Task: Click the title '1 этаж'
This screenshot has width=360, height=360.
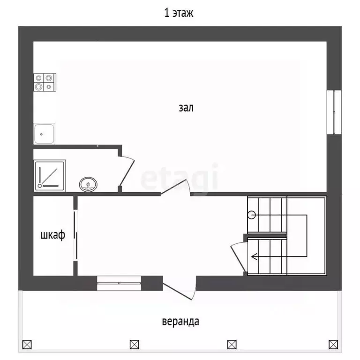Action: pyautogui.click(x=179, y=13)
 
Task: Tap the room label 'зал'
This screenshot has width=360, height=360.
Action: pyautogui.click(x=186, y=108)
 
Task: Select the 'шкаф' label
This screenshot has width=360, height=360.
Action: pyautogui.click(x=53, y=235)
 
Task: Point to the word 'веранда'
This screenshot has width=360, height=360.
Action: pyautogui.click(x=180, y=322)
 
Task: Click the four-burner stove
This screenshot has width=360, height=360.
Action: pyautogui.click(x=45, y=82)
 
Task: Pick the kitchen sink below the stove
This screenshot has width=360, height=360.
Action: pyautogui.click(x=45, y=134)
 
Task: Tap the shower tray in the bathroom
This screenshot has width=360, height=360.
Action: pyautogui.click(x=50, y=176)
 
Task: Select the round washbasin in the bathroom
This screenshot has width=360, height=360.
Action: pyautogui.click(x=88, y=184)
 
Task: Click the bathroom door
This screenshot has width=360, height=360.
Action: pyautogui.click(x=127, y=172)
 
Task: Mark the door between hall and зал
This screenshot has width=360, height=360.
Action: pyautogui.click(x=176, y=187)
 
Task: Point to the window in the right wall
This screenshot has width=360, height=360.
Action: pyautogui.click(x=334, y=112)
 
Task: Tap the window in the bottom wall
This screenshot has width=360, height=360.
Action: pyautogui.click(x=119, y=283)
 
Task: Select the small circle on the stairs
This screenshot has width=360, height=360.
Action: pyautogui.click(x=252, y=215)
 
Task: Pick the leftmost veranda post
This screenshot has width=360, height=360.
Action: pyautogui.click(x=27, y=345)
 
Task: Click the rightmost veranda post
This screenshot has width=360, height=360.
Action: pyautogui.click(x=333, y=345)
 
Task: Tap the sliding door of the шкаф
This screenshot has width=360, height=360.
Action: pyautogui.click(x=75, y=235)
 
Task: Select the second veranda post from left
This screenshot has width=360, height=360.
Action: pyautogui.click(x=135, y=345)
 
